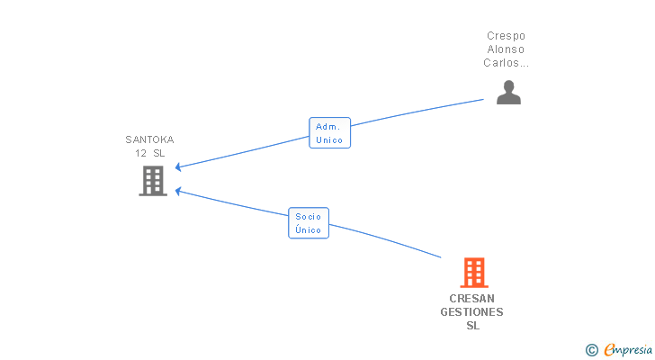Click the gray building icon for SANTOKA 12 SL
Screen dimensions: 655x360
(x=153, y=181)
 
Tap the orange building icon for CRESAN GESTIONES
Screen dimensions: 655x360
(x=474, y=273)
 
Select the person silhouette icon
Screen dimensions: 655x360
(x=508, y=93)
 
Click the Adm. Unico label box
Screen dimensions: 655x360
(x=329, y=133)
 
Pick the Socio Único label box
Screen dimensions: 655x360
(x=309, y=223)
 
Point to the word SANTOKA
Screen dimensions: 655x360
(x=149, y=139)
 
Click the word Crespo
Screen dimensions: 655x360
(x=506, y=36)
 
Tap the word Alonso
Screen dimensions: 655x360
(x=506, y=49)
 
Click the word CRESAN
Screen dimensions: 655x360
(x=472, y=299)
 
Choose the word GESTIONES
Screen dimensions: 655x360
(x=472, y=312)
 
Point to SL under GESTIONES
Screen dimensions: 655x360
(x=473, y=326)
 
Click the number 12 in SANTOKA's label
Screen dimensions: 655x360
(x=140, y=153)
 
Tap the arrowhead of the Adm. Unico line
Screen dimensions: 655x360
(x=178, y=167)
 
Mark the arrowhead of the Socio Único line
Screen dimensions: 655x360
(x=178, y=192)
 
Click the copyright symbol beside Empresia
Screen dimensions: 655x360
(x=591, y=350)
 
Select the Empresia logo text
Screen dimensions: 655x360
(x=628, y=350)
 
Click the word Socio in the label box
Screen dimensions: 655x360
(x=309, y=216)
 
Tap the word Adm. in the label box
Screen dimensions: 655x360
(x=327, y=127)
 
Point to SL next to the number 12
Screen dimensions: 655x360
(x=158, y=153)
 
